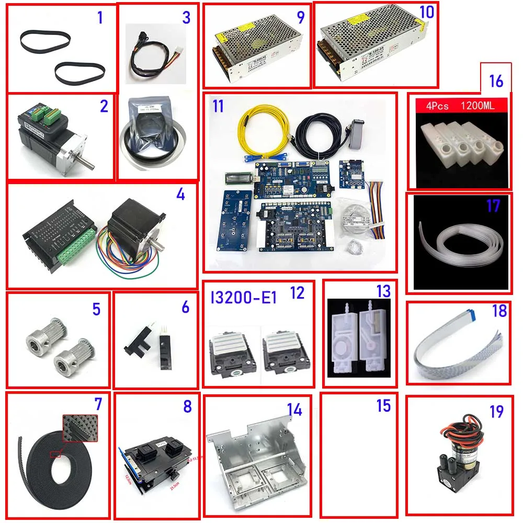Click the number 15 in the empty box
click(x=384, y=405)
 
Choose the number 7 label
click(x=98, y=404)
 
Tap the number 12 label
click(x=297, y=293)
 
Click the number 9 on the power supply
click(x=300, y=17)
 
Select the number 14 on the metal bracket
click(x=294, y=410)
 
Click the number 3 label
click(x=186, y=17)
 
